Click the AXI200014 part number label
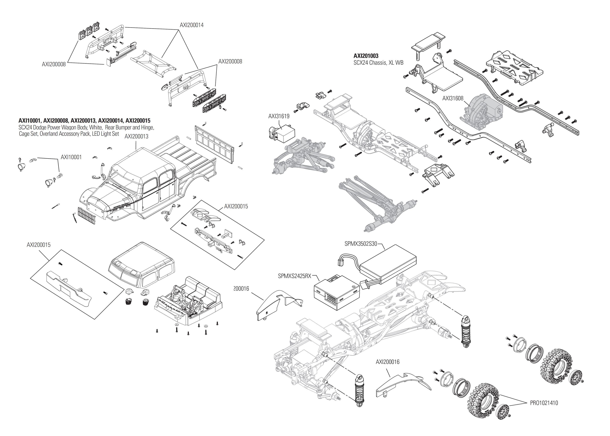click(x=192, y=25)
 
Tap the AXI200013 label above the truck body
click(x=136, y=136)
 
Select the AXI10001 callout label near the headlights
click(x=71, y=157)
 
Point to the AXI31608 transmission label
click(x=453, y=98)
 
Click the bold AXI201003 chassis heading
click(x=366, y=56)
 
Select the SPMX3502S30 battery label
click(x=361, y=244)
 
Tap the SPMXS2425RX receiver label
click(x=295, y=276)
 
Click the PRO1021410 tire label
click(x=544, y=403)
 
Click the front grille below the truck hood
click(x=86, y=216)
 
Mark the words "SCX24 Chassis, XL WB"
click(x=378, y=63)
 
